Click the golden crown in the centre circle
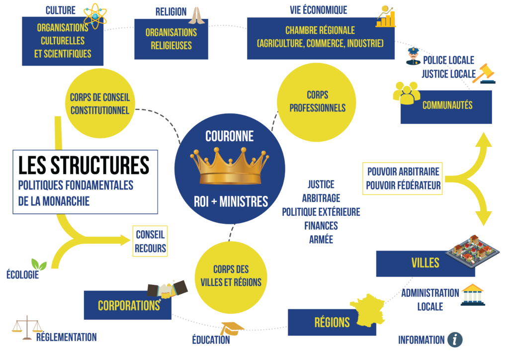tap(229, 167)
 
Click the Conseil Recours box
tap(150, 242)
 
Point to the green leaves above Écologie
tap(39, 264)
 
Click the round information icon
tap(454, 340)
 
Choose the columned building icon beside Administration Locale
tap(473, 295)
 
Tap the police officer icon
tap(413, 56)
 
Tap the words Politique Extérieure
tap(321, 212)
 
